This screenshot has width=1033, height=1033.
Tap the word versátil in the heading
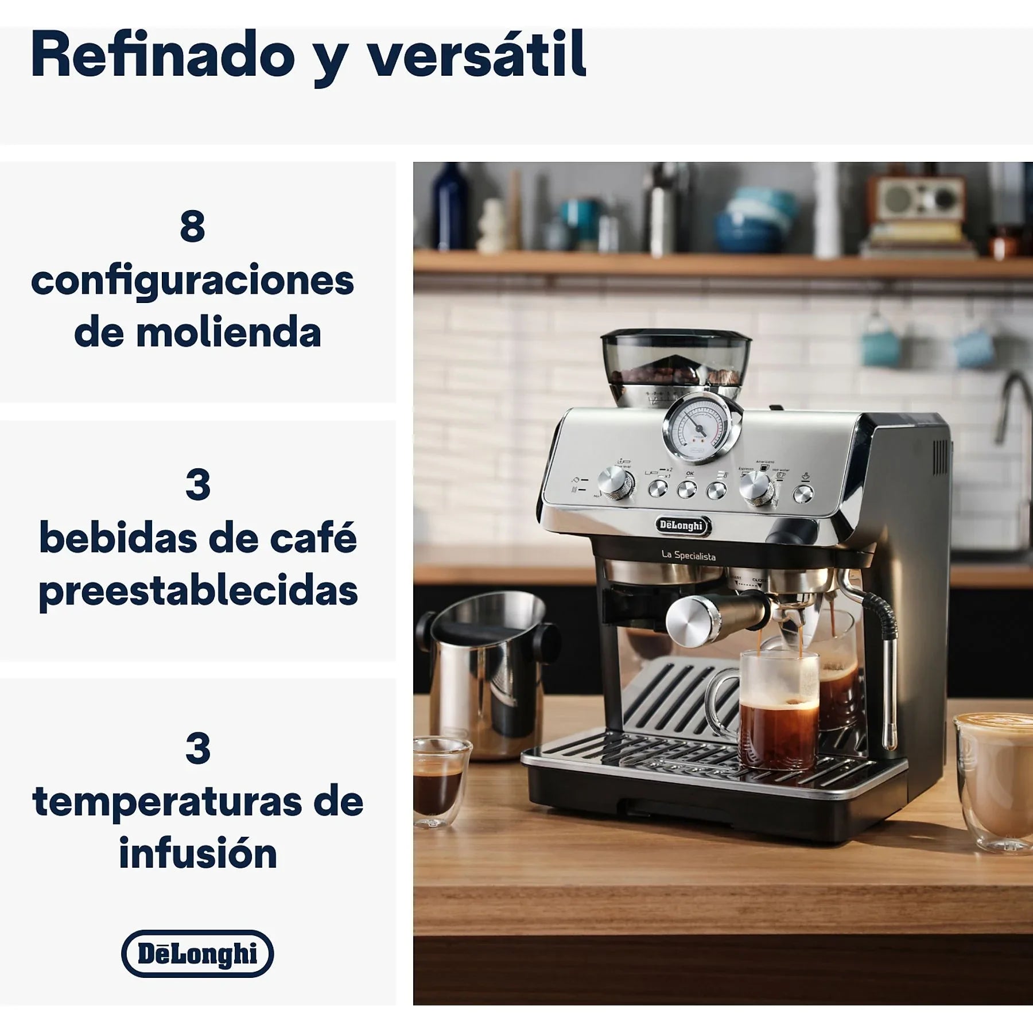pyautogui.click(x=476, y=56)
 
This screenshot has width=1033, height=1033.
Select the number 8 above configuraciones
pyautogui.click(x=192, y=227)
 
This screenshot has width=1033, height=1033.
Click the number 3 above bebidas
pyautogui.click(x=197, y=485)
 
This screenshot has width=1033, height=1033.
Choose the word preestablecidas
pyautogui.click(x=198, y=591)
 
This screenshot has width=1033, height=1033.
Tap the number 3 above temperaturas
pyautogui.click(x=197, y=748)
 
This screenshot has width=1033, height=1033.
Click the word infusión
pyautogui.click(x=198, y=854)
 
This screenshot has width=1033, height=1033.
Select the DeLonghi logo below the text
pyautogui.click(x=197, y=954)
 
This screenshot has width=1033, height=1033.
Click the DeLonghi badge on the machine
pyautogui.click(x=681, y=525)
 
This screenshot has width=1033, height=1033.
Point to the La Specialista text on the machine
pyautogui.click(x=689, y=555)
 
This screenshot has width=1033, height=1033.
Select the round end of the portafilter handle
pyautogui.click(x=689, y=622)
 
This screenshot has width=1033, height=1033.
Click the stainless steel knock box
pyautogui.click(x=488, y=671)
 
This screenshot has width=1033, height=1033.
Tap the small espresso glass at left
pyautogui.click(x=440, y=783)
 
